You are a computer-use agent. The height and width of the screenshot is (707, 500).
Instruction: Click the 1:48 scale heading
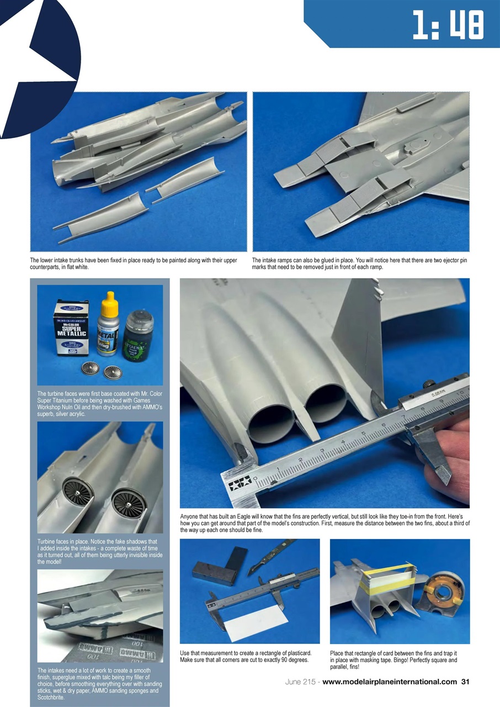[448, 25]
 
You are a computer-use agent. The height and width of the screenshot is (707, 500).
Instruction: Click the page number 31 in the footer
[465, 682]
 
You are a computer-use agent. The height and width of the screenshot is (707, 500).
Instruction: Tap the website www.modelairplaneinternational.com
[390, 682]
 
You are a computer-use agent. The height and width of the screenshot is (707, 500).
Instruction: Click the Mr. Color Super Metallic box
[71, 328]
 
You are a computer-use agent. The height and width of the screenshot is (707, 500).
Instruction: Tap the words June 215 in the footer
[301, 682]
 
